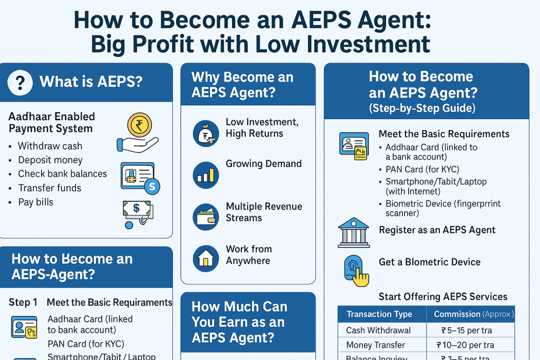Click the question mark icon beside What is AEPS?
point(20,82)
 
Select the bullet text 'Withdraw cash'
point(50,146)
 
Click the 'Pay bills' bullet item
point(35,202)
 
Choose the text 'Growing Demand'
point(264,163)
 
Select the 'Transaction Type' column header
point(379,314)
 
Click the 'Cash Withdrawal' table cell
point(378,330)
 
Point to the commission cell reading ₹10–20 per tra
point(465,345)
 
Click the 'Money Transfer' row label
point(375,345)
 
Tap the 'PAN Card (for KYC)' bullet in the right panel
point(422,169)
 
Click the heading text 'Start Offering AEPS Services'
point(443,297)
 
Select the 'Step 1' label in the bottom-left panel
point(23,303)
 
